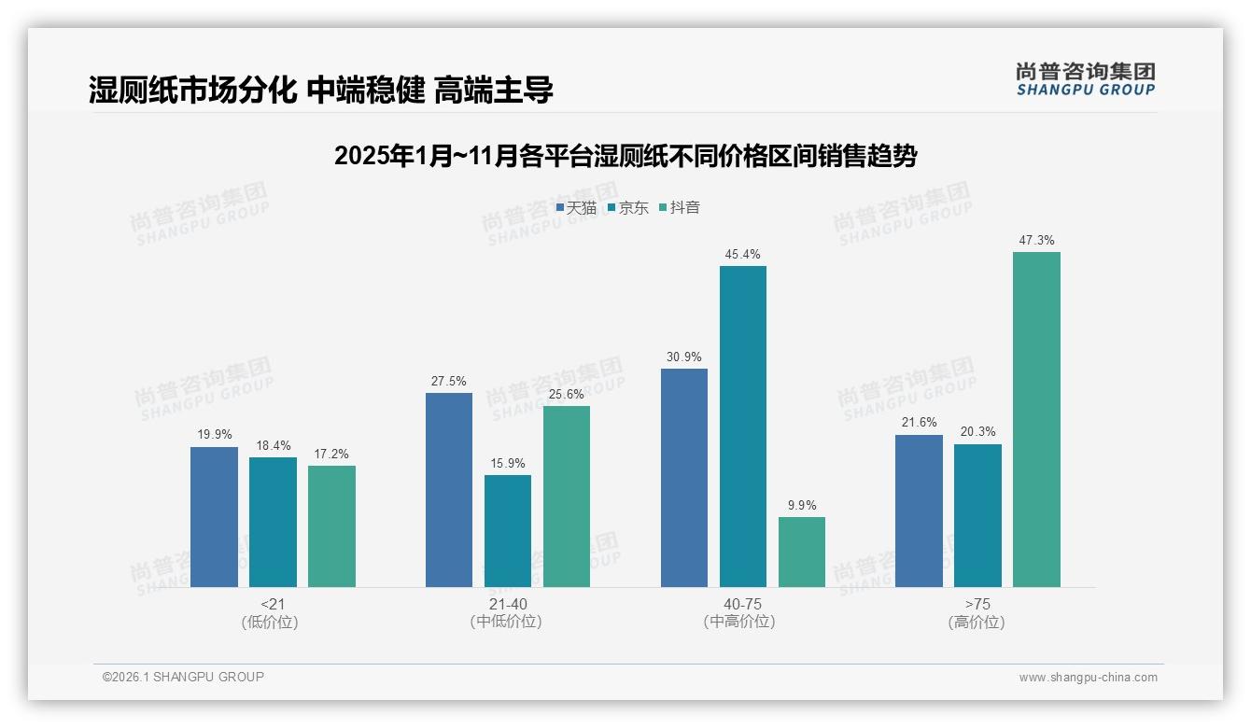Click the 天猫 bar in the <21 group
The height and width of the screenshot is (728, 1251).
(214, 516)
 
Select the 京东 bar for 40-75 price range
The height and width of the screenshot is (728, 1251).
(742, 427)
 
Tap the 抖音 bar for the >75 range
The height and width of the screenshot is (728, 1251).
(1036, 419)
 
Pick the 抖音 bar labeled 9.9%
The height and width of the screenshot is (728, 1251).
(801, 552)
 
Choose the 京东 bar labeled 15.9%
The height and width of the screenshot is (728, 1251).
(507, 530)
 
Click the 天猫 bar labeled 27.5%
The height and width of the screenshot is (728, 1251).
(448, 489)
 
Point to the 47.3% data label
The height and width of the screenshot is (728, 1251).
(1036, 241)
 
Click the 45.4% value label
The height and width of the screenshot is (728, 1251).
(742, 255)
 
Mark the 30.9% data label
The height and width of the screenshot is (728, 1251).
(683, 357)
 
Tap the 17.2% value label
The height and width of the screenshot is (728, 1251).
(331, 455)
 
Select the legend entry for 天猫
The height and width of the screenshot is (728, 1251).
(576, 208)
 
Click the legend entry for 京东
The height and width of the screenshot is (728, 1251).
(627, 208)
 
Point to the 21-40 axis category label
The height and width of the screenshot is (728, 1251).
(507, 605)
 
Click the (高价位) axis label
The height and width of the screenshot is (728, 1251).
(977, 623)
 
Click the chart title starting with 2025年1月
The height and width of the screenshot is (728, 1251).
(625, 156)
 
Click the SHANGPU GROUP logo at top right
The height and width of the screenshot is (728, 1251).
(1085, 79)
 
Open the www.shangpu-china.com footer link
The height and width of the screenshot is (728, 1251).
(1088, 678)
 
